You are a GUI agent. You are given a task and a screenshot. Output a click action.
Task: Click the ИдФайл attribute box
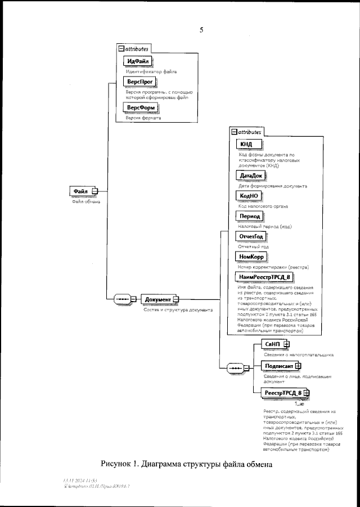point(138,61)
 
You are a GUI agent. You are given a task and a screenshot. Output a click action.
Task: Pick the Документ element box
point(159,299)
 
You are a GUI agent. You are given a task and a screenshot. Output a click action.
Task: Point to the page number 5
point(201,30)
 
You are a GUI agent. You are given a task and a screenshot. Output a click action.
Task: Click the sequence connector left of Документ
point(122,299)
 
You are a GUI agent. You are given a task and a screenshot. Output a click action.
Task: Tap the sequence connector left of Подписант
point(235,369)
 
